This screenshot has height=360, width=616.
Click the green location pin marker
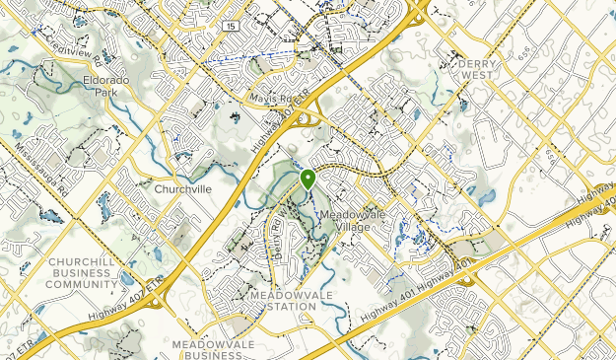(x=308, y=179)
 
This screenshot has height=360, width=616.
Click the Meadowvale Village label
(x=351, y=220)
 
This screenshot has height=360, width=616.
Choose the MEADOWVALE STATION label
(x=284, y=300)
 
